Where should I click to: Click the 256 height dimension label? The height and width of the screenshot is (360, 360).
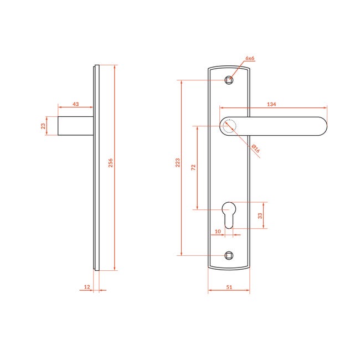click(110, 163)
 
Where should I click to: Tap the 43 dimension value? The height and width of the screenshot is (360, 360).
click(75, 104)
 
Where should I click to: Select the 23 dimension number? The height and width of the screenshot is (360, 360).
click(43, 126)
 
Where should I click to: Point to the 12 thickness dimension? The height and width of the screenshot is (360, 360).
click(87, 287)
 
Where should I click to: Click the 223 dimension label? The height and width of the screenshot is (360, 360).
click(177, 162)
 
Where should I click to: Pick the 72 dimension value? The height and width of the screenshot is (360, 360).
click(193, 167)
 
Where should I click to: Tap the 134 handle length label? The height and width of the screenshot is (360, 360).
click(271, 104)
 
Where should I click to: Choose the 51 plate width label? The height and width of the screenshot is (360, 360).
click(229, 287)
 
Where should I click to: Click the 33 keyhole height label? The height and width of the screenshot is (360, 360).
click(260, 216)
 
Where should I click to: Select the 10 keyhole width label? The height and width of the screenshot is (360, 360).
click(218, 231)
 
